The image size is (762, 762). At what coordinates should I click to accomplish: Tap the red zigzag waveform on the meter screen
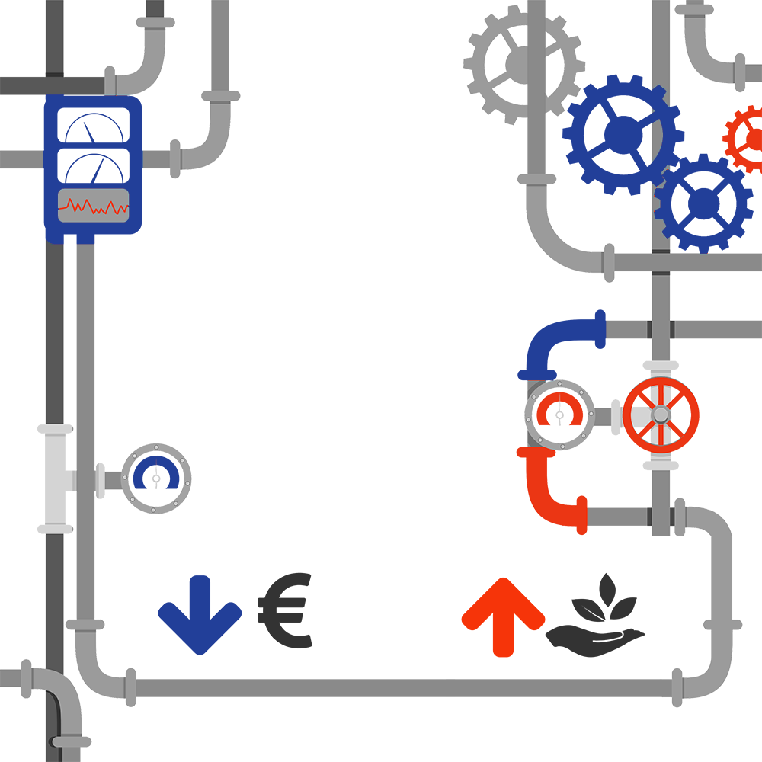[93, 207]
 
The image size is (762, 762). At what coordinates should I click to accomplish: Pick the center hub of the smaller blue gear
[703, 203]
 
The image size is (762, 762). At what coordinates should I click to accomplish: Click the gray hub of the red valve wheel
[660, 414]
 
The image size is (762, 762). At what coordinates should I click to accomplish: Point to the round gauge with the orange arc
[560, 415]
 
